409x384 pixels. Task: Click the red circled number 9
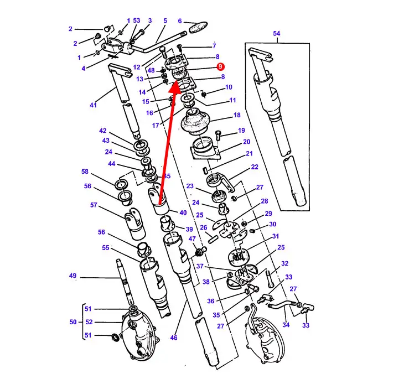(220, 66)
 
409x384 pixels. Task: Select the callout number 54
(277, 33)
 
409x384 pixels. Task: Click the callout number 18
(237, 115)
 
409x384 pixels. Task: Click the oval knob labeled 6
(198, 27)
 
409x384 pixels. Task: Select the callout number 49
(73, 276)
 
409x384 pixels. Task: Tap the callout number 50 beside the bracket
(73, 322)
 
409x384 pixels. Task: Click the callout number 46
(174, 338)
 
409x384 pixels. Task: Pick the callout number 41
(93, 105)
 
